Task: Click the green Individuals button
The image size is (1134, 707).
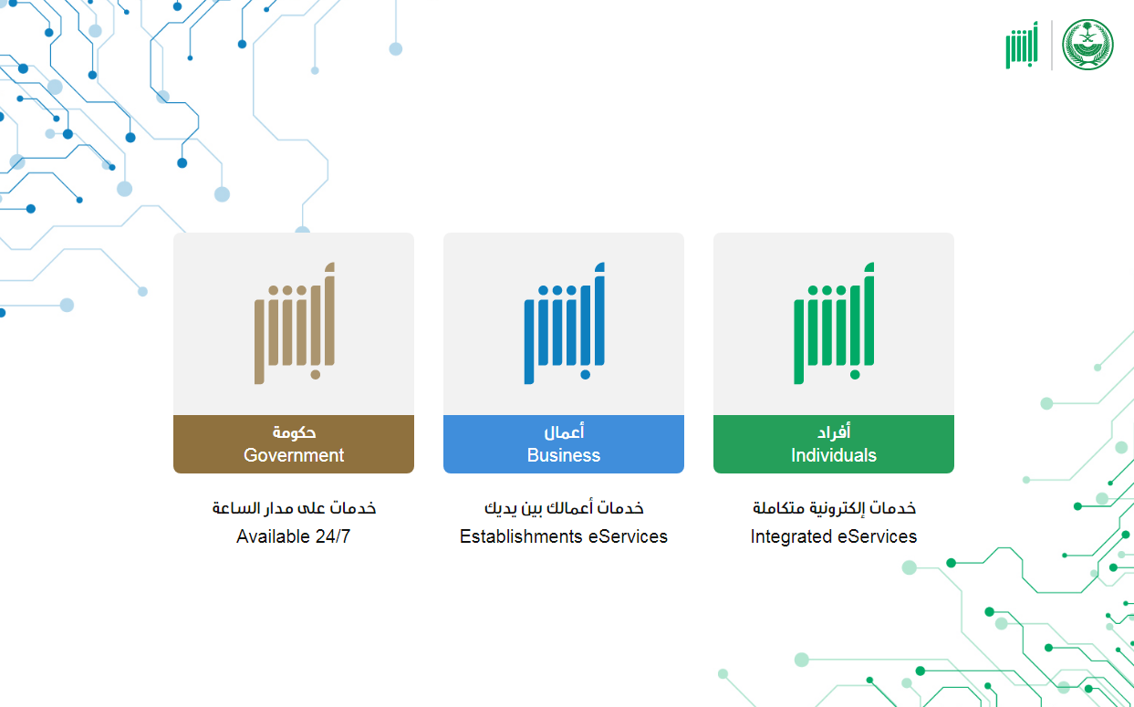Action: [x=833, y=444]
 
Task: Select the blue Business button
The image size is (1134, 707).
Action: [x=564, y=444]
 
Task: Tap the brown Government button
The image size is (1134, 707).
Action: [x=294, y=444]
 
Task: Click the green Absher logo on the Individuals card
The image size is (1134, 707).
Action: [x=834, y=323]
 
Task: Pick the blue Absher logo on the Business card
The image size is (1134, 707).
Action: [x=564, y=323]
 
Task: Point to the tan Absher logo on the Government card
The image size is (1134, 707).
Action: [x=294, y=323]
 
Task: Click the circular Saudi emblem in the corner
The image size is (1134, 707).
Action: [x=1087, y=45]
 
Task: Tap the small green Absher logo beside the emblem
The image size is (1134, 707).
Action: [x=1022, y=45]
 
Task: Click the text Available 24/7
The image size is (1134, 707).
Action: [x=293, y=536]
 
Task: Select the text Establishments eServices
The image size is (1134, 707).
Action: [x=564, y=536]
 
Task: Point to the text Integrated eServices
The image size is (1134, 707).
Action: [x=833, y=536]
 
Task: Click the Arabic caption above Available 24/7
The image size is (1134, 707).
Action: [x=294, y=507]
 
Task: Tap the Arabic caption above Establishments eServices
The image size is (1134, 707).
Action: [x=564, y=507]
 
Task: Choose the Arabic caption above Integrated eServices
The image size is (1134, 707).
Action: [x=834, y=507]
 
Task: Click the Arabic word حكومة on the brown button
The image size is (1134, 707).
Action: [x=294, y=432]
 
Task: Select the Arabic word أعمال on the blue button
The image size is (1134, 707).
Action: [x=564, y=431]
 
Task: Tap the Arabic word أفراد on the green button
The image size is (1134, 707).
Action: [x=834, y=431]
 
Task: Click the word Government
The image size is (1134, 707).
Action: [x=294, y=455]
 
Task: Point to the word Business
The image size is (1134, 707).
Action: [x=564, y=455]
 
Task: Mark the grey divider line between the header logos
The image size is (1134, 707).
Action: [x=1052, y=45]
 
